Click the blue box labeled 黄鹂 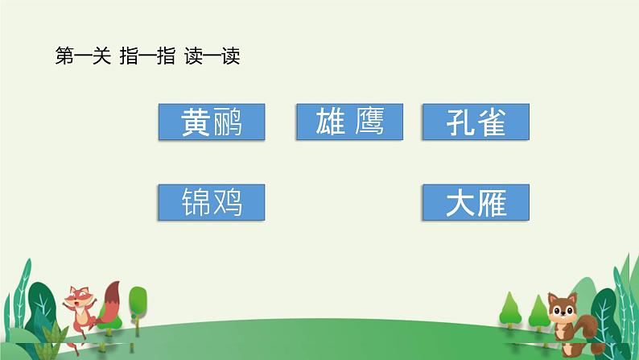(212, 122)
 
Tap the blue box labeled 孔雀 (476, 122)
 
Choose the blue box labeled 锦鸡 (212, 202)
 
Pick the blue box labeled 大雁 (476, 202)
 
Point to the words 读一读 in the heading (212, 57)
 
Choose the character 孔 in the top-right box (459, 123)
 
